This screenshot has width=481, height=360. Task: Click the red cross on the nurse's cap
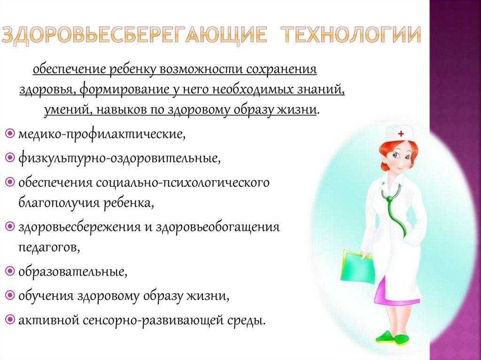point(401,134)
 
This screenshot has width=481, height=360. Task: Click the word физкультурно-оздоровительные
point(119,158)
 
